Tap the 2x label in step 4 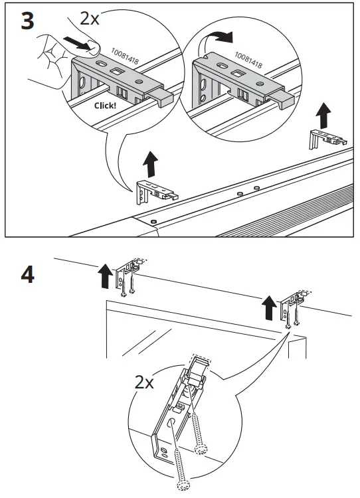(145, 382)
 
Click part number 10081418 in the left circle (125, 56)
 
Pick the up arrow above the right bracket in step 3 (323, 116)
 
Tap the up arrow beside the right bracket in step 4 (268, 307)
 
